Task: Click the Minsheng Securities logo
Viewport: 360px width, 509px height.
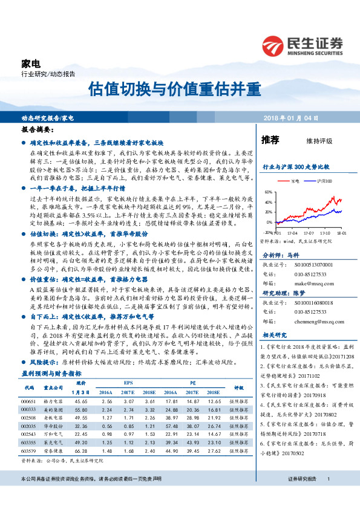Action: [x=302, y=45]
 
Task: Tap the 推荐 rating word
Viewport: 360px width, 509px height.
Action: [x=270, y=140]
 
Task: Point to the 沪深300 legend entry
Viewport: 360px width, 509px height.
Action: [x=324, y=181]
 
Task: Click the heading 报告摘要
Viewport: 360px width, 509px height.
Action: [x=34, y=130]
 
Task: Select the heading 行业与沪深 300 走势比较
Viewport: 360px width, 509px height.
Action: [x=295, y=166]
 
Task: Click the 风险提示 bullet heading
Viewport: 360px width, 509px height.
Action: [x=44, y=361]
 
